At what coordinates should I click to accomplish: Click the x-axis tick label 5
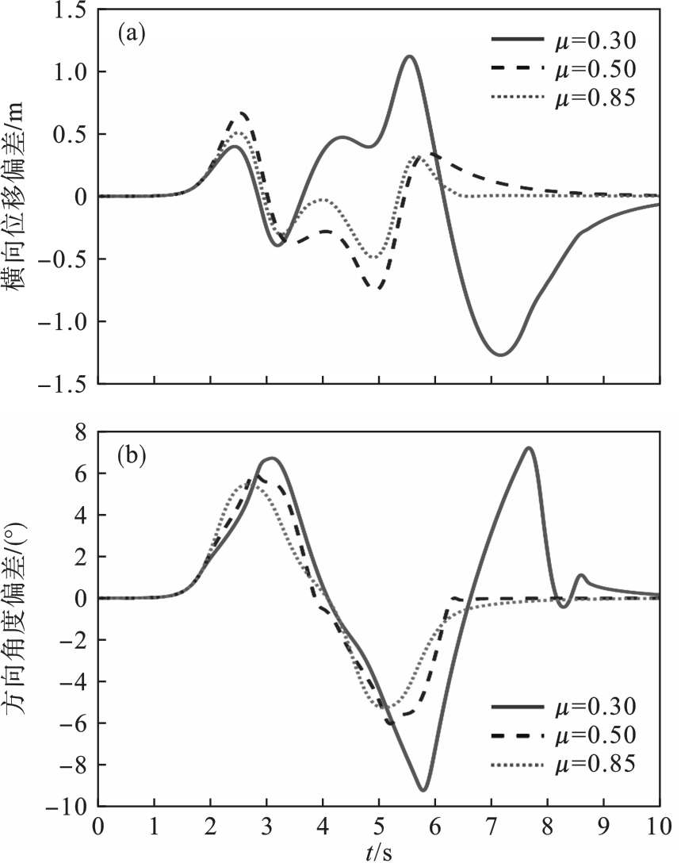coord(379,827)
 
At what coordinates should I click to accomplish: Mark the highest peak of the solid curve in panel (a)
coord(409,56)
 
